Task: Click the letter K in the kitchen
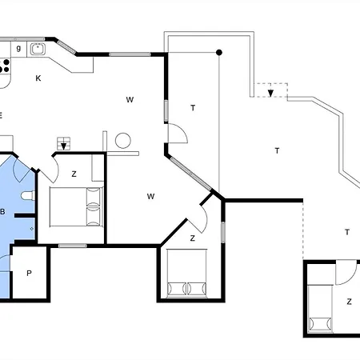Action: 38,78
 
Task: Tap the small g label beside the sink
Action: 18,48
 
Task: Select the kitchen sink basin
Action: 38,50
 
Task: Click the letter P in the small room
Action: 29,273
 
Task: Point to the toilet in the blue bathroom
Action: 28,195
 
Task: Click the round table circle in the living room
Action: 123,141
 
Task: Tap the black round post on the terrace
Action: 219,53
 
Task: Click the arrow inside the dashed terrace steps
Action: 270,93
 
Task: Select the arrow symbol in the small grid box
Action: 64,146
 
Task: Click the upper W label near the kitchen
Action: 130,100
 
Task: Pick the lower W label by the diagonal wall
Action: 150,197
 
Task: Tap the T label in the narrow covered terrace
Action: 193,108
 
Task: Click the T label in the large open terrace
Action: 277,151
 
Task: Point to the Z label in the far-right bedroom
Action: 349,302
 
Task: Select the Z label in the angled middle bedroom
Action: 193,238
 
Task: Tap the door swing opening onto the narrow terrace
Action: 178,133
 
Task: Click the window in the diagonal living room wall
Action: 191,174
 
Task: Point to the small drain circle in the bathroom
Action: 32,229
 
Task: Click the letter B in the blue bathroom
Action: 2,212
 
